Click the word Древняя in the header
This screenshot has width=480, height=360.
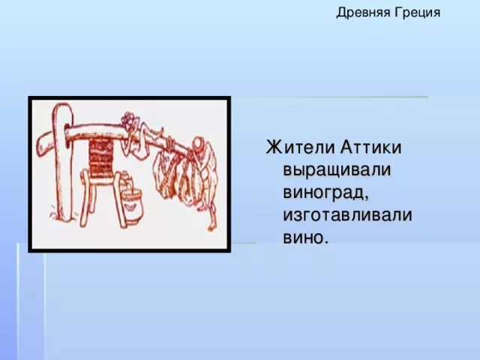click(362, 13)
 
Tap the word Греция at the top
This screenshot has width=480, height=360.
click(417, 13)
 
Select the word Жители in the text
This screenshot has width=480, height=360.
click(295, 147)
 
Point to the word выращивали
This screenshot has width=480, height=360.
click(337, 169)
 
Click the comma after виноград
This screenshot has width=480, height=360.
click(365, 199)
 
